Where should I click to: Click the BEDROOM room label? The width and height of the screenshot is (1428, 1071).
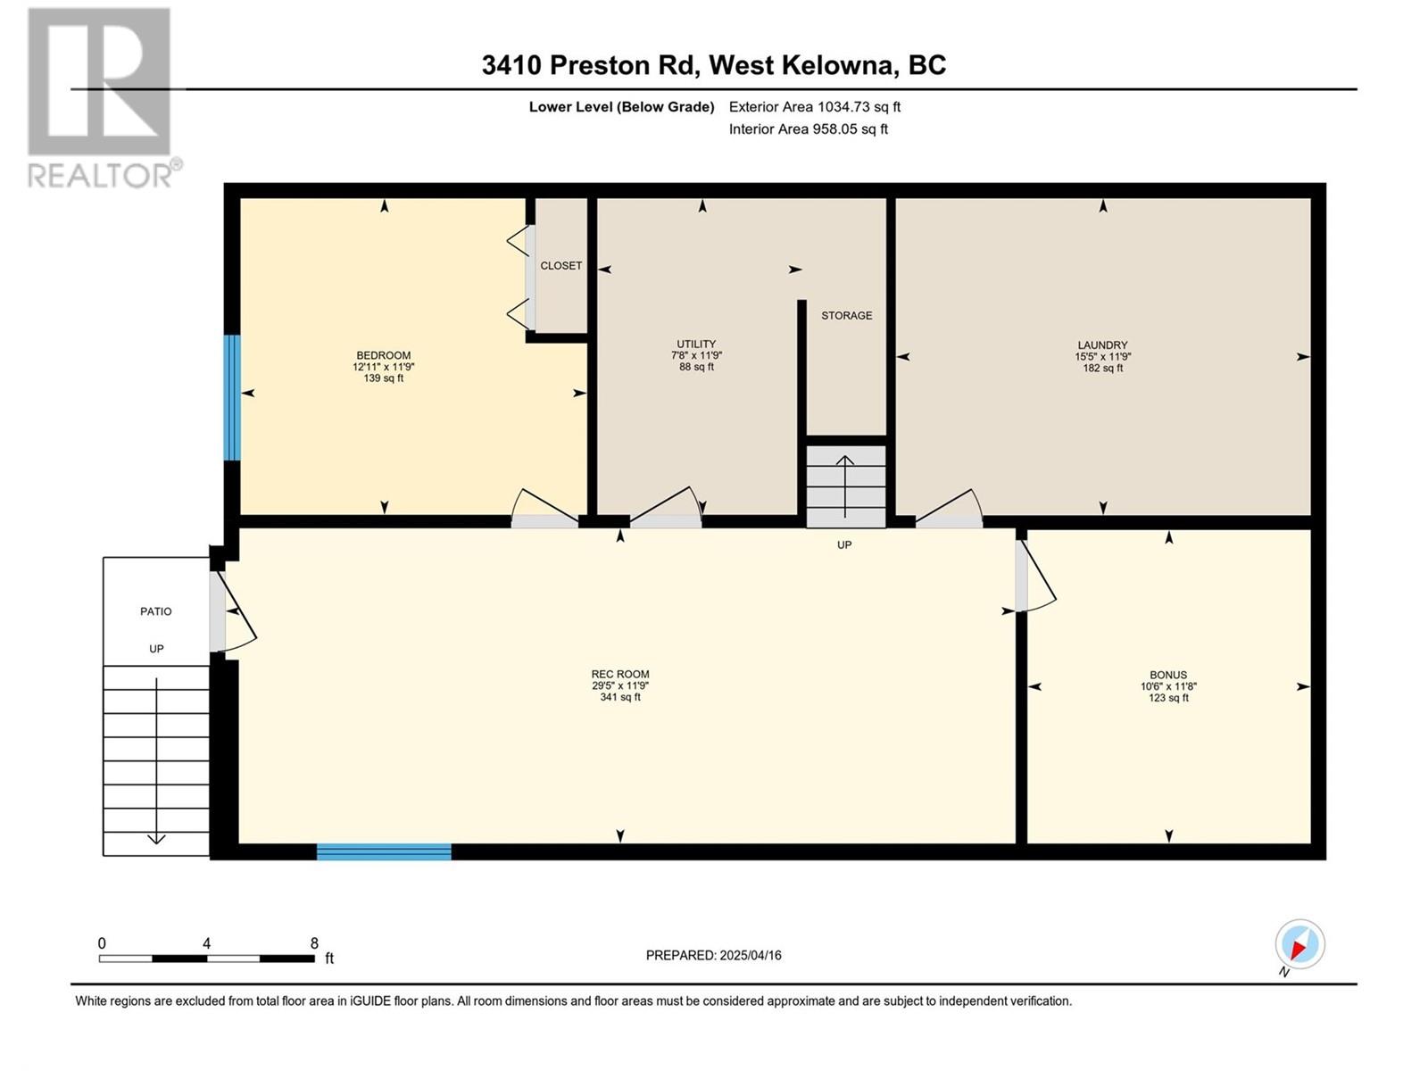(x=384, y=355)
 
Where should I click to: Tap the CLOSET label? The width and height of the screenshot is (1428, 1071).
(x=560, y=266)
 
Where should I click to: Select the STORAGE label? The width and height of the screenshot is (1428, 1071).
(x=846, y=316)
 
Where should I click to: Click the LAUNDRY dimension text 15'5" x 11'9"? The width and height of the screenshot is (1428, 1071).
(x=1102, y=356)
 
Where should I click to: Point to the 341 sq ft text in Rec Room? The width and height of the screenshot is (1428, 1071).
(x=619, y=697)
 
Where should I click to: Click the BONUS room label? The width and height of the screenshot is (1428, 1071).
(x=1167, y=676)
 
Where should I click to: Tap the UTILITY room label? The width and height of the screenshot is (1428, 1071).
(x=696, y=345)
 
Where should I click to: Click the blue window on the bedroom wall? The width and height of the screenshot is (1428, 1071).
(x=232, y=397)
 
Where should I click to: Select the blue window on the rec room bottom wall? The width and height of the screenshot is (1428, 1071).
(x=384, y=851)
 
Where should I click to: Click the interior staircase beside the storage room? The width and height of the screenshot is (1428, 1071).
(x=845, y=486)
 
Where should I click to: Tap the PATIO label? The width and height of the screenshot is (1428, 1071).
(x=156, y=611)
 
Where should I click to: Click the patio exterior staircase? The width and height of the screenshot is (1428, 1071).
(x=156, y=759)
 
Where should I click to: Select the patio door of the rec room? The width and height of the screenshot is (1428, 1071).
(x=232, y=611)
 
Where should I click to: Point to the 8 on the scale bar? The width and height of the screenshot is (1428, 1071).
(x=314, y=943)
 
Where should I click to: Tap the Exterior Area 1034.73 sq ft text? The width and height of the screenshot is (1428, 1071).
(x=814, y=107)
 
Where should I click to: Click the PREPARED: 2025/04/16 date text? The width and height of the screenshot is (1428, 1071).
(x=713, y=955)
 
